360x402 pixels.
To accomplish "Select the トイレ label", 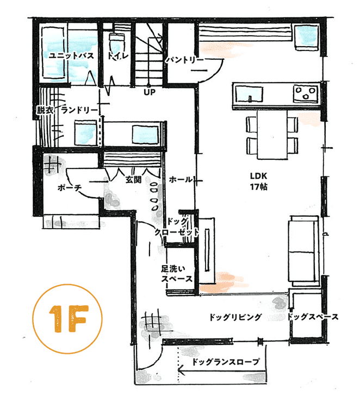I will [x=117, y=56].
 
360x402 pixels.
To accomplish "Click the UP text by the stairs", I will [x=150, y=92].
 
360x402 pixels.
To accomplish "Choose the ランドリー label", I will [x=79, y=110].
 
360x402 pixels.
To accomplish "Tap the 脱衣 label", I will [x=45, y=110].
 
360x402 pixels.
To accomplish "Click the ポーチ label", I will [x=69, y=189].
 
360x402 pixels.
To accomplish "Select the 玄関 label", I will [x=134, y=179].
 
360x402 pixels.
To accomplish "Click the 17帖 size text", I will [x=258, y=187].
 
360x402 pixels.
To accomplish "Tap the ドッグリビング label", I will [x=235, y=317].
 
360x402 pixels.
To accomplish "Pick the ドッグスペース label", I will [x=313, y=317].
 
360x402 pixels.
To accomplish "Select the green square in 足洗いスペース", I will [x=190, y=268].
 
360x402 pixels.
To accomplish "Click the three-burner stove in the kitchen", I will [x=306, y=94].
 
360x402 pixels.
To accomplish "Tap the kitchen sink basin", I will [x=250, y=97].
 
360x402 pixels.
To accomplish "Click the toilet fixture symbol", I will [x=116, y=42].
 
